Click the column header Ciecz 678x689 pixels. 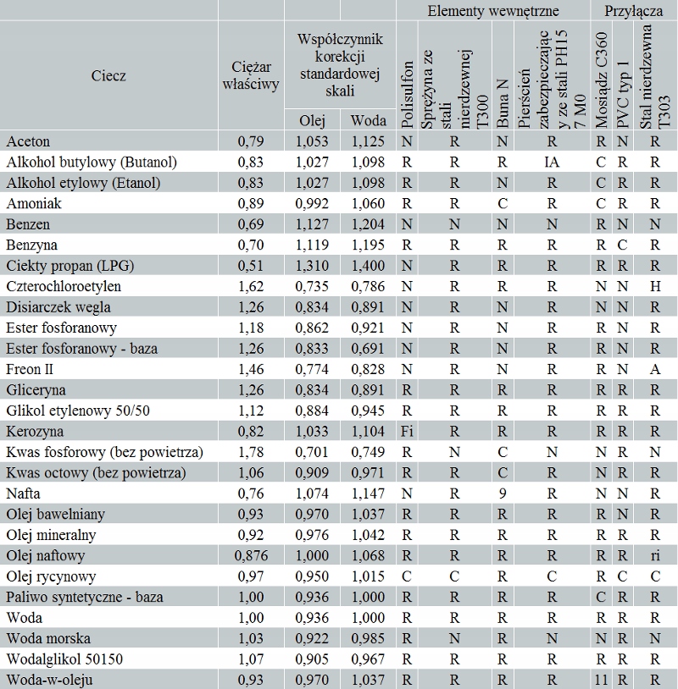click(108, 75)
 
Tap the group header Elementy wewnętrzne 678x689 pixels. click(492, 10)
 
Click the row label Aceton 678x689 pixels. click(28, 141)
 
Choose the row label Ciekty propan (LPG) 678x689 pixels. click(70, 265)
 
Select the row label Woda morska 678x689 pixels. click(48, 638)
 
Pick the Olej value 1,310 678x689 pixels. click(312, 265)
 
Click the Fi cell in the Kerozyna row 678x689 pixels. click(407, 431)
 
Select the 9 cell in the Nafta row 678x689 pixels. click(503, 493)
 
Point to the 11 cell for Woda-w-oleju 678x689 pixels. click(602, 680)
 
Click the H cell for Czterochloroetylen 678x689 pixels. click(654, 286)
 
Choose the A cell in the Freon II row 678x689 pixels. click(654, 369)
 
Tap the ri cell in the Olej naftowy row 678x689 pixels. click(654, 555)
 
